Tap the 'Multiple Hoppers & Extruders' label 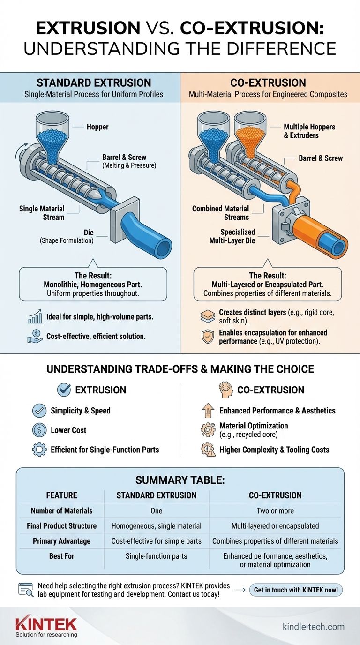coord(309,131)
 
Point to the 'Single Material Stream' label coord(42,212)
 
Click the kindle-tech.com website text coord(314,627)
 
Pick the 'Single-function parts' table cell coord(156,555)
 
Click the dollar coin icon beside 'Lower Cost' coord(39,430)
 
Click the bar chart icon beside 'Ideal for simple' coord(36,318)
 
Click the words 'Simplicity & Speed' coord(81,411)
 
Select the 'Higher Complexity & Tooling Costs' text coord(274,450)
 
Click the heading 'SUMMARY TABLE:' coord(180,480)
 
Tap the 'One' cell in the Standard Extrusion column coord(156,510)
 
